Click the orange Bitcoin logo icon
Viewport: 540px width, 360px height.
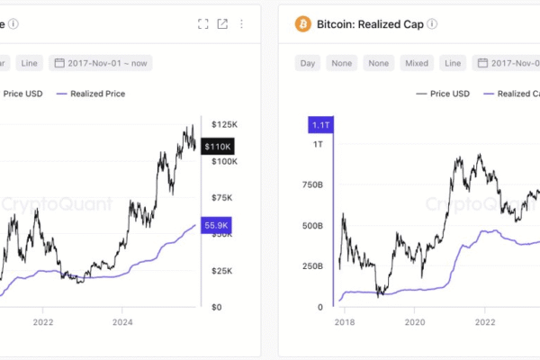(x=302, y=23)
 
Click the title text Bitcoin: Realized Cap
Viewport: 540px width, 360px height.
(x=369, y=24)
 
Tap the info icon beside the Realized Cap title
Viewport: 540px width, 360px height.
(x=433, y=24)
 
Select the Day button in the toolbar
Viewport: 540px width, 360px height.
(x=308, y=63)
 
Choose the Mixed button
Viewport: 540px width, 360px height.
(x=416, y=63)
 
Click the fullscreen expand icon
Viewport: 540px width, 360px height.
(x=203, y=24)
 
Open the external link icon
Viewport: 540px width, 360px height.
(x=222, y=24)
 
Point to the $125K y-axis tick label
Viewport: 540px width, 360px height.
(x=224, y=123)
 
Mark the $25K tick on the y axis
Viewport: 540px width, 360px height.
(x=222, y=270)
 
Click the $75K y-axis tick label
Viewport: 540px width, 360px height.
(x=222, y=197)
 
